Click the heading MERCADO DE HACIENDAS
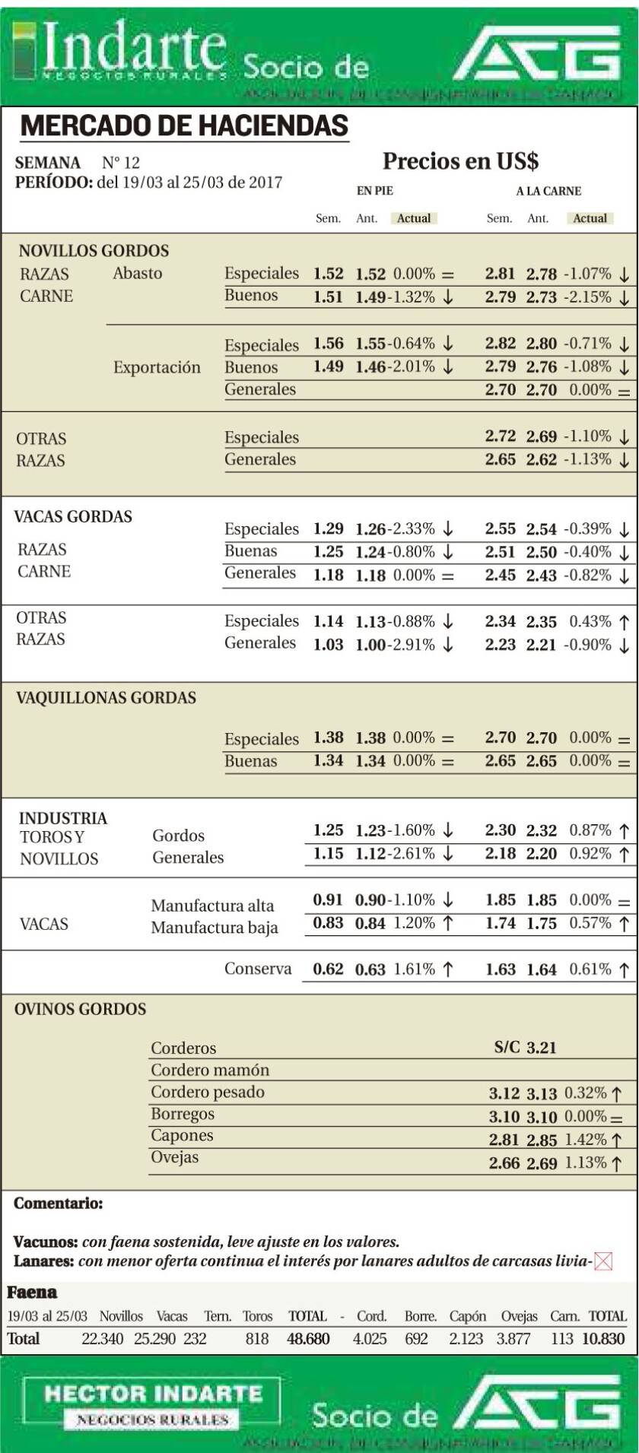184,126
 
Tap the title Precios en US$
460,161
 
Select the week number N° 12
121,163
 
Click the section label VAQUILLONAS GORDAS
106,698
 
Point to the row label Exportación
157,368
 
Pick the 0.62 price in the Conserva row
328,969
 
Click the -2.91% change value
414,645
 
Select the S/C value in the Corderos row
507,1048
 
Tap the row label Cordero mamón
210,1070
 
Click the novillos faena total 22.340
102,1338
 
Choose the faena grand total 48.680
308,1338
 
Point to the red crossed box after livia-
603,1261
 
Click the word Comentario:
59,1204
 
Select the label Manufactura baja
215,928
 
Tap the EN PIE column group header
375,192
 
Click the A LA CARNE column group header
548,192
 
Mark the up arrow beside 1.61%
448,969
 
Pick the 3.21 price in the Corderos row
542,1048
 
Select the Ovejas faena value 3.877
513,1338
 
